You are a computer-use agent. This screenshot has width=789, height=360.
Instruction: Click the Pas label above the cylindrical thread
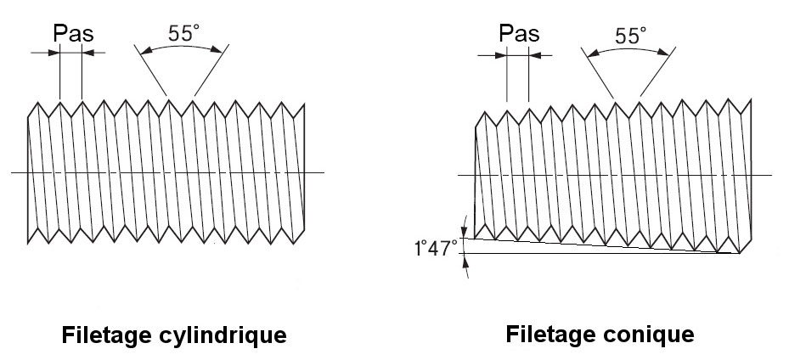(x=72, y=34)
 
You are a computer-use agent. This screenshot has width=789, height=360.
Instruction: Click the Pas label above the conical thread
(x=519, y=34)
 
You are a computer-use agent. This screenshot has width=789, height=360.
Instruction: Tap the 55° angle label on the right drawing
(x=630, y=36)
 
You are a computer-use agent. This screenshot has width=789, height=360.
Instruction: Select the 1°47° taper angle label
(x=436, y=249)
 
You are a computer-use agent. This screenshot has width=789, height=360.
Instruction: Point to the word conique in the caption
(x=653, y=334)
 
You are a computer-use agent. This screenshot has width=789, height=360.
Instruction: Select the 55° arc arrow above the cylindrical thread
(x=182, y=48)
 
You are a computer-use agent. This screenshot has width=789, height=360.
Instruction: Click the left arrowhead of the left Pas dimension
(x=56, y=53)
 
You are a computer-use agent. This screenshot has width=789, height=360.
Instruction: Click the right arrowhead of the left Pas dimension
(x=87, y=53)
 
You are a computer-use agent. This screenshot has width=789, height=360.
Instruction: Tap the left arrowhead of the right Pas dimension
(x=502, y=56)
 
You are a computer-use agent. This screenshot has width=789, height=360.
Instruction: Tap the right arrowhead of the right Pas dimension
(x=533, y=56)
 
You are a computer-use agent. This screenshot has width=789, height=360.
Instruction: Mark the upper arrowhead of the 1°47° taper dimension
(x=465, y=231)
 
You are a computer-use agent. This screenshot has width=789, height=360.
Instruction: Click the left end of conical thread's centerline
(x=459, y=176)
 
